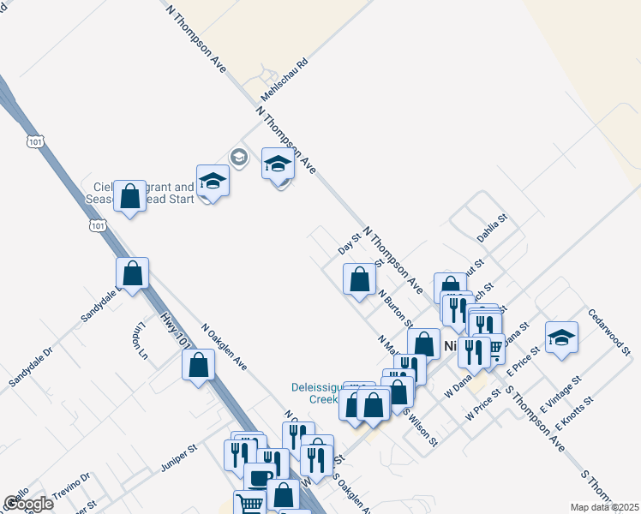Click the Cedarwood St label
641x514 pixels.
609,333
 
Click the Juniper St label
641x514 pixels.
179,458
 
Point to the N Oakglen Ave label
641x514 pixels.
225,346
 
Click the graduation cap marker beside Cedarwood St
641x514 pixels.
561,337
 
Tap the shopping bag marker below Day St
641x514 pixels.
360,278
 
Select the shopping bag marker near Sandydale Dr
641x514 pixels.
133,273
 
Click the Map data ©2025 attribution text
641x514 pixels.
604,506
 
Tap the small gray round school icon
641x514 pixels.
238,157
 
